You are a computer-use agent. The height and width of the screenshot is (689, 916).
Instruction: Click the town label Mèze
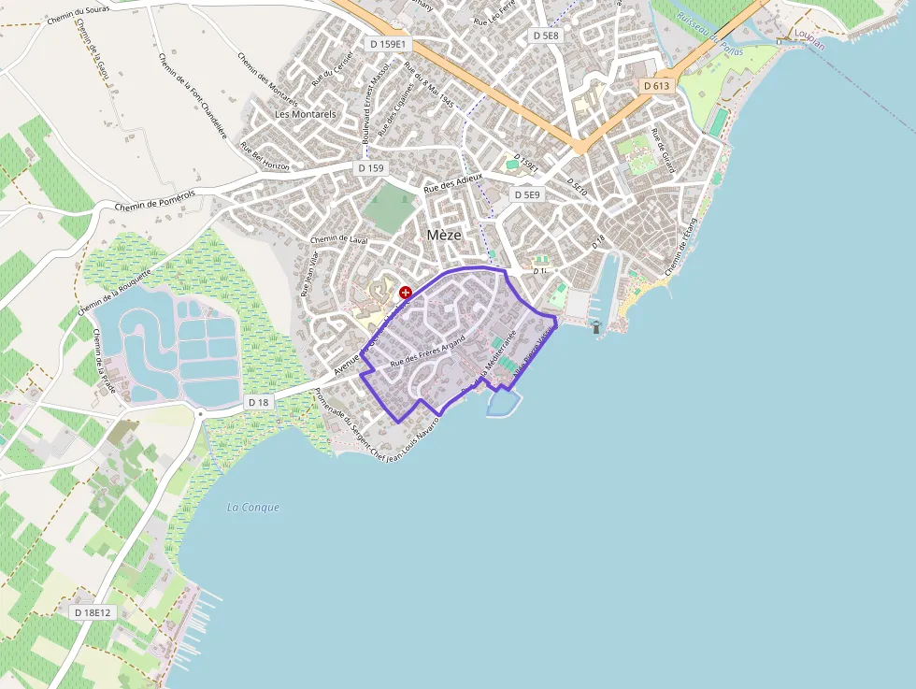[x=444, y=235]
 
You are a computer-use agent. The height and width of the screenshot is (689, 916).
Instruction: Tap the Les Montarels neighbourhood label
[x=305, y=114]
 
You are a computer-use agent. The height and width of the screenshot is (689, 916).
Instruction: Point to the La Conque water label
[x=253, y=508]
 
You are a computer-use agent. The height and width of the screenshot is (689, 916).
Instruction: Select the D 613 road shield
[x=657, y=85]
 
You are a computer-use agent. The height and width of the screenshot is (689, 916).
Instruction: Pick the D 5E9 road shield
[x=527, y=194]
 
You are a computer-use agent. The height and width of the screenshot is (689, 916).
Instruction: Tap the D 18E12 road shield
[x=92, y=612]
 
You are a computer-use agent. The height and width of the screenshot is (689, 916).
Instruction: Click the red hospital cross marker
[x=406, y=293]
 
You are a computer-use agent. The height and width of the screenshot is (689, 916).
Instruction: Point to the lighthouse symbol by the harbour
[x=596, y=326]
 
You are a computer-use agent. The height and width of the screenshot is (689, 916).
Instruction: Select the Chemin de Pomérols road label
[x=154, y=199]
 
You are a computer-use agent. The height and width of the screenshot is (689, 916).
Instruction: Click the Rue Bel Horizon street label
[x=265, y=157]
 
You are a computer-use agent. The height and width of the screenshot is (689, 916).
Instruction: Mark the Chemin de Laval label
[x=338, y=239]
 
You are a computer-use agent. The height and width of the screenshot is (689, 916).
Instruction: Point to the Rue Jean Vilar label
[x=309, y=274]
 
